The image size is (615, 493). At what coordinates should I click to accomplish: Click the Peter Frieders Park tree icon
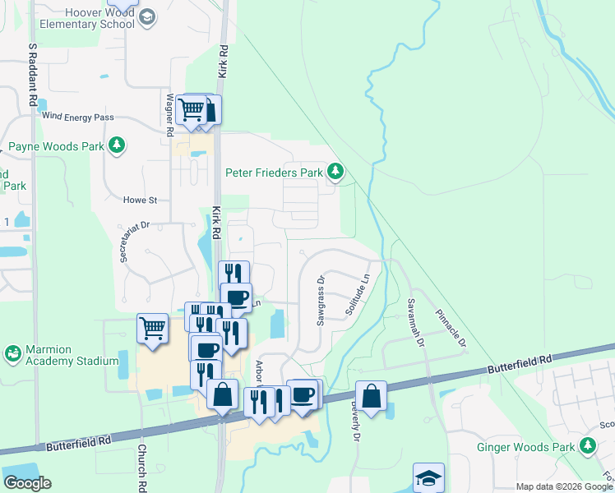click(x=335, y=172)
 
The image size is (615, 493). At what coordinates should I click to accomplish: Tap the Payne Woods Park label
click(x=58, y=146)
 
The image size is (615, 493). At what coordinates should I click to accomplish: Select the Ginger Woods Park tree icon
click(x=587, y=445)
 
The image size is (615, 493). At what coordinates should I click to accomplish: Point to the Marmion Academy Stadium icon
click(x=12, y=353)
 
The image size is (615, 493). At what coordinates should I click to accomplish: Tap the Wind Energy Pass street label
click(x=77, y=117)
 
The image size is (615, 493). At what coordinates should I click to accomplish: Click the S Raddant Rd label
click(x=33, y=73)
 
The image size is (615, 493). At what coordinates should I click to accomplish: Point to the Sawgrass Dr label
click(x=321, y=301)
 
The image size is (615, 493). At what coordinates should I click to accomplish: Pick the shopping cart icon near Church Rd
click(x=153, y=329)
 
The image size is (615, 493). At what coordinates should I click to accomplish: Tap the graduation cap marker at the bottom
click(x=428, y=478)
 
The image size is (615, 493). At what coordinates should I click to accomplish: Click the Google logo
click(x=27, y=483)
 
